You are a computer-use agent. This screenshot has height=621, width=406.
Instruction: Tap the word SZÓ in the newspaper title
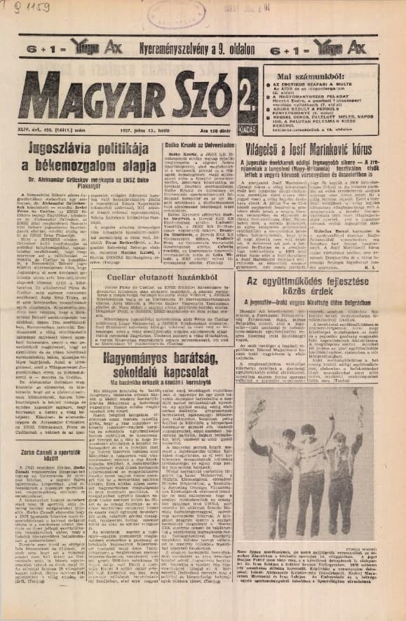click(x=198, y=96)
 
